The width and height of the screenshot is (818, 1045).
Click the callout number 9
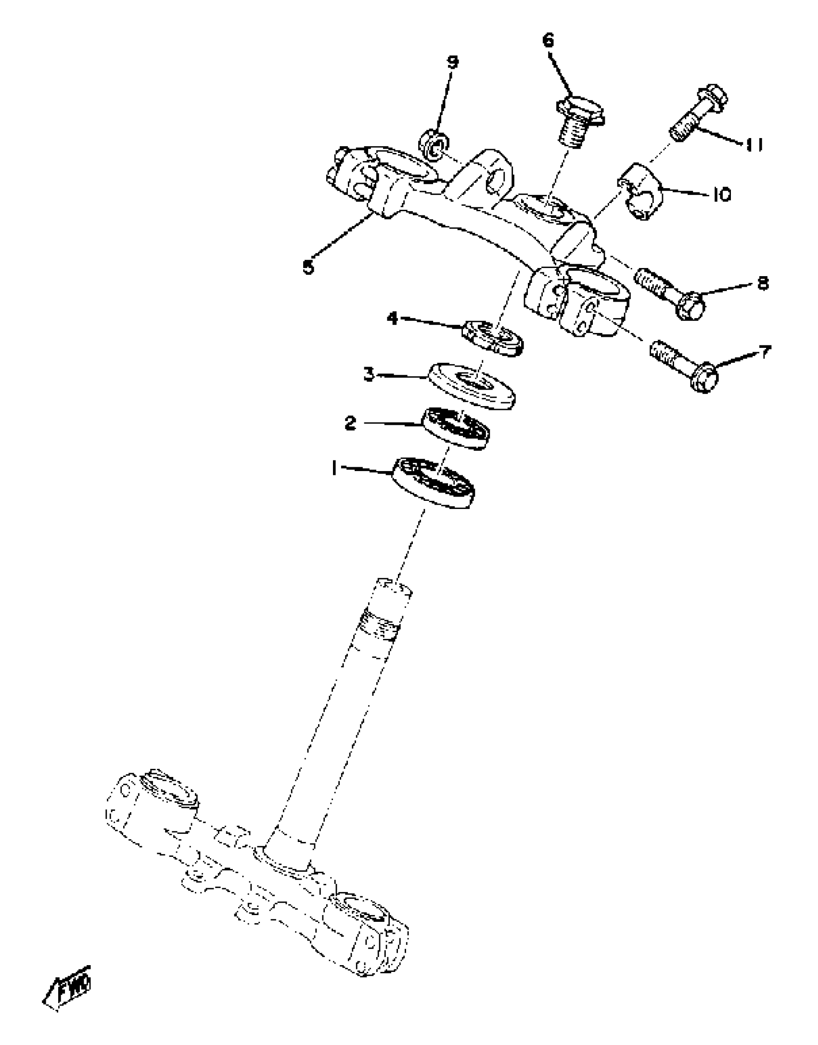click(453, 62)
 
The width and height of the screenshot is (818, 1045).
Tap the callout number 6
click(549, 40)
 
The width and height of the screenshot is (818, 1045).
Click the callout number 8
click(763, 283)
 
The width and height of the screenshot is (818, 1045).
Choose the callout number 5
click(308, 266)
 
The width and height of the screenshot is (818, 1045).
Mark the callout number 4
click(393, 318)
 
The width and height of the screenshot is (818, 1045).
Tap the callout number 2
click(350, 423)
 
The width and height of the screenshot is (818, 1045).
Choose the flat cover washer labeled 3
click(472, 385)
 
